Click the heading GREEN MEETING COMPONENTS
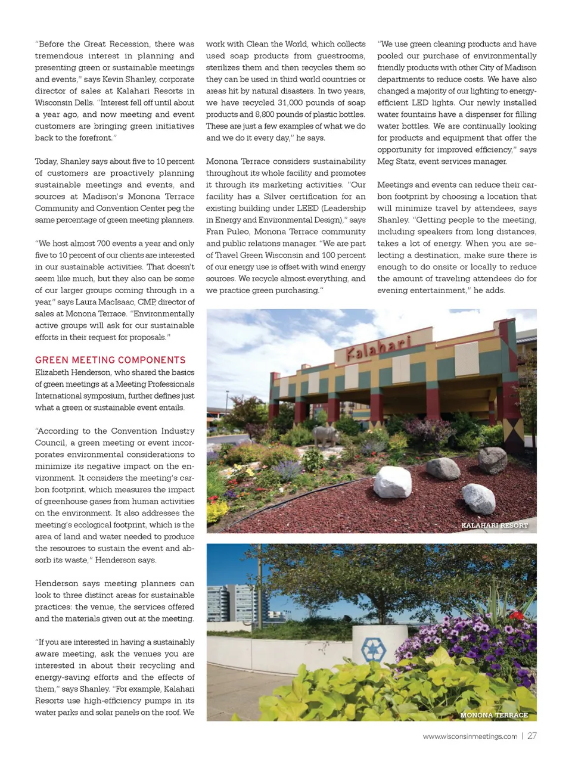[x=110, y=360]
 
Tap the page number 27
[x=532, y=736]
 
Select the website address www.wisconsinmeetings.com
[x=470, y=736]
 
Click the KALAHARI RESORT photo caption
[x=495, y=525]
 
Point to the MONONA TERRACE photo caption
[x=494, y=715]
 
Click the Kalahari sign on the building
[x=378, y=347]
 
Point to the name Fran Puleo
[x=228, y=232]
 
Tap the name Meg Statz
[x=396, y=161]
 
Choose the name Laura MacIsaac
[x=104, y=302]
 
